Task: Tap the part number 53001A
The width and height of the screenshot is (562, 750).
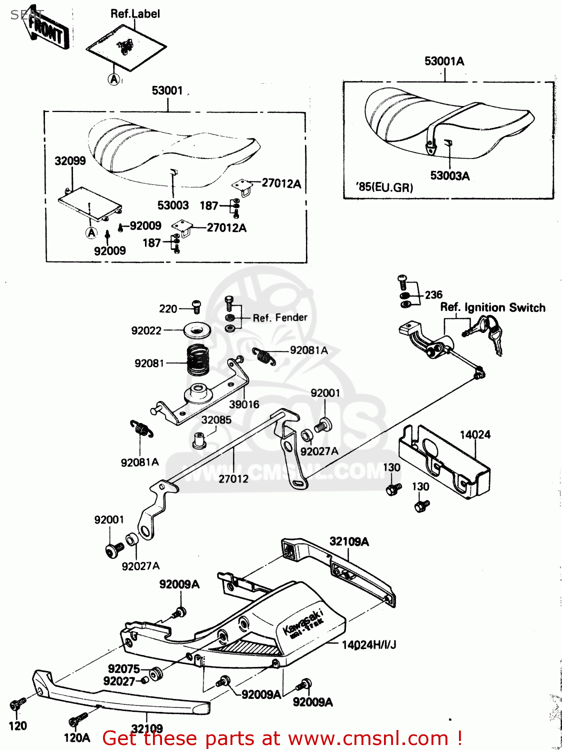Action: point(444,61)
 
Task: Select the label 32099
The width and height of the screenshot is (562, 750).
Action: point(70,161)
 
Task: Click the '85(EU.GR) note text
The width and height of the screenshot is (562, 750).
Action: point(384,187)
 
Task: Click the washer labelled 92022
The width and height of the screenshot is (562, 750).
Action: point(197,330)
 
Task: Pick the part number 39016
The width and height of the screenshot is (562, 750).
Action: point(244,404)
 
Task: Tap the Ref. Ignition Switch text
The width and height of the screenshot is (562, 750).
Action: point(492,307)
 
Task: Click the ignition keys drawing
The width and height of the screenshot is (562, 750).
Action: point(486,332)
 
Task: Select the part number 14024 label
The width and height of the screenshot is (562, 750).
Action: point(475,434)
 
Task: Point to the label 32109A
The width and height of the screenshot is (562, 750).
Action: point(349,541)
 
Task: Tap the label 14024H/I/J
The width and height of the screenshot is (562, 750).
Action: point(369,645)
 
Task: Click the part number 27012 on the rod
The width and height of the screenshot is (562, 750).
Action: point(233,479)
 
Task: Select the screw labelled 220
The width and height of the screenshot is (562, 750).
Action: point(196,306)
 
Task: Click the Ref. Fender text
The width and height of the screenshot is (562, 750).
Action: point(280,317)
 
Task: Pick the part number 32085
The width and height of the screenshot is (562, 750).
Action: point(216,420)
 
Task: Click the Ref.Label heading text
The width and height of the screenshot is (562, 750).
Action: point(135,13)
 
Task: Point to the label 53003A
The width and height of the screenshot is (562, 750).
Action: point(449,175)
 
